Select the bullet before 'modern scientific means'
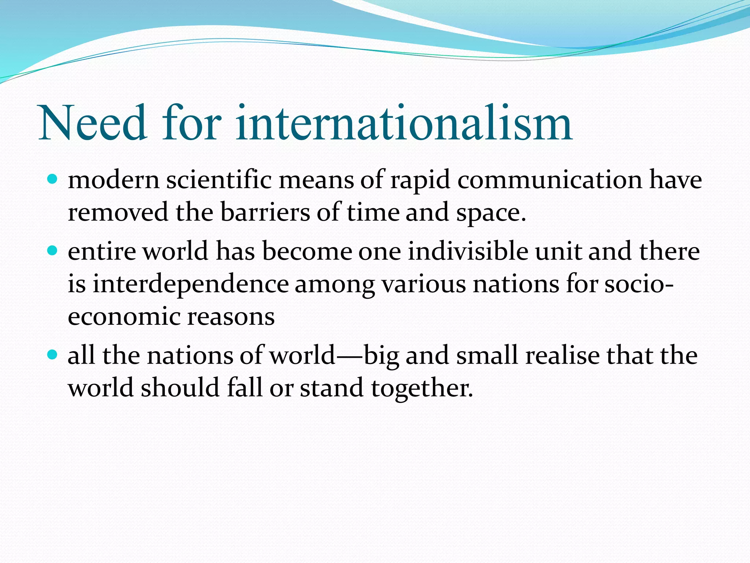(53, 180)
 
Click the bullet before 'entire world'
(53, 251)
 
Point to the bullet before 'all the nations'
(53, 355)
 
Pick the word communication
(550, 180)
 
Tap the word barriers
(265, 212)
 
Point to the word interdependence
(190, 284)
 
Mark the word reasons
(231, 317)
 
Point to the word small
(487, 355)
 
